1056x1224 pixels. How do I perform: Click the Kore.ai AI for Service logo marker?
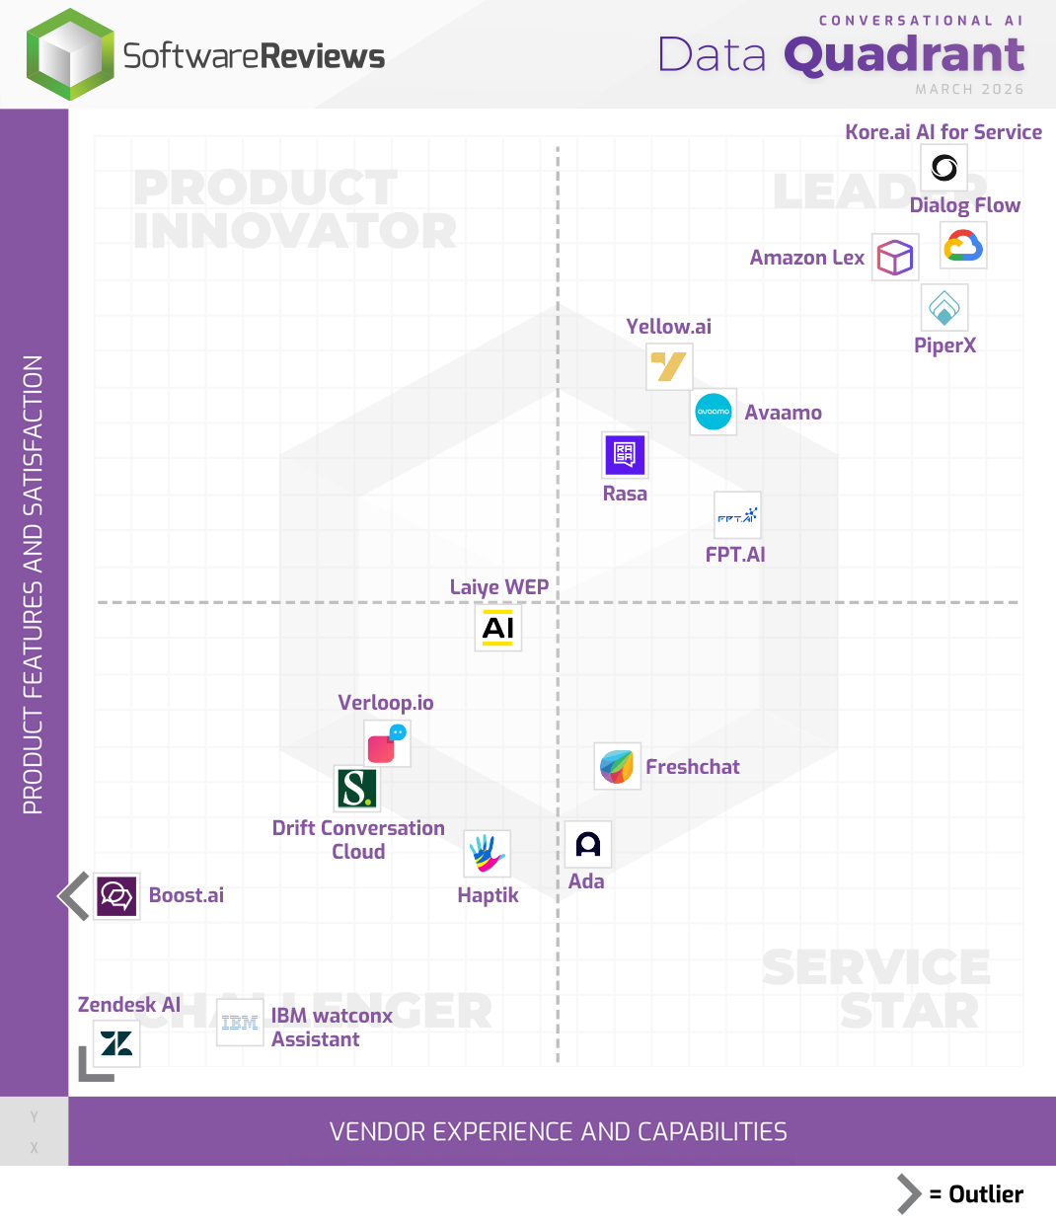point(943,168)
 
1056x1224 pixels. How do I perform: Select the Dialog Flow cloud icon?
point(963,246)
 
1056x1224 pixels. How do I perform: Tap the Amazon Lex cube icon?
point(895,258)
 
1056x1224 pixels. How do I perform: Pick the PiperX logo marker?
point(944,308)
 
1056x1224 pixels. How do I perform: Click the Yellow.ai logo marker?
point(669,367)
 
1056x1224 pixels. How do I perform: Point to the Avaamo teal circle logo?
point(713,412)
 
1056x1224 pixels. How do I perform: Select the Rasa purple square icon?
point(625,454)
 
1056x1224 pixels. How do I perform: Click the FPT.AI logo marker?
point(737,515)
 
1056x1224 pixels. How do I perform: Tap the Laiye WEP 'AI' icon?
point(498,628)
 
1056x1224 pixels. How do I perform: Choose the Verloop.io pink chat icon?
point(386,744)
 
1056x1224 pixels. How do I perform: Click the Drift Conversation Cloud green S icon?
point(356,789)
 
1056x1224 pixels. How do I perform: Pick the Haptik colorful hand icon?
point(487,854)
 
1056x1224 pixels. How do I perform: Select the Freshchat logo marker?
point(617,766)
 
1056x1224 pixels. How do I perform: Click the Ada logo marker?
point(588,845)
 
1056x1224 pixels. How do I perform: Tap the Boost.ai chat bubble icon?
point(116,896)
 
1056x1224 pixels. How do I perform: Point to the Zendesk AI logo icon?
point(116,1043)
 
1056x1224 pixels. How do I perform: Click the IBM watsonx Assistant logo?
point(240,1023)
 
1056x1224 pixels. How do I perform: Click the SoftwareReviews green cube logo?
point(70,55)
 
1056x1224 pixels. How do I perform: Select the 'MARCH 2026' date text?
point(969,89)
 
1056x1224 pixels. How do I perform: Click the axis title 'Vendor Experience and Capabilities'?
point(559,1131)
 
